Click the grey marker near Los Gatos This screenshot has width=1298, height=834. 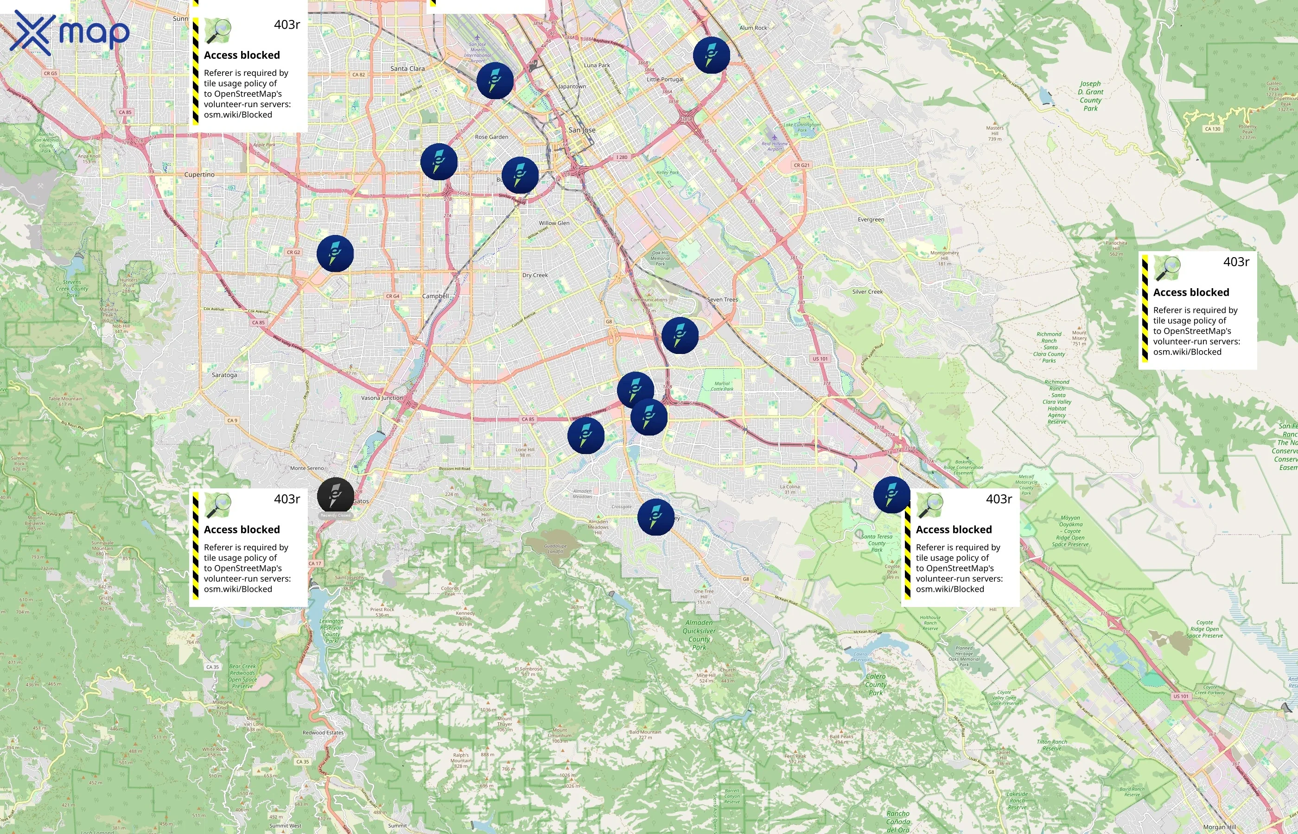[335, 495]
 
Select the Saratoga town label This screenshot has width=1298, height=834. [224, 375]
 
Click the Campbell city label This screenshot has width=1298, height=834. [436, 296]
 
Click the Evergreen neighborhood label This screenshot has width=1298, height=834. [871, 219]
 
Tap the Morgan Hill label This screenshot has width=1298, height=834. [1220, 827]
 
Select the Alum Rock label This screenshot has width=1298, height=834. [753, 28]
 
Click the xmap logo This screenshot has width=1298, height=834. [70, 32]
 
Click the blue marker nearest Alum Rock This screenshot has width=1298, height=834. [711, 55]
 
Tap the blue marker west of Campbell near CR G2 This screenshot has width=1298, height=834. [335, 253]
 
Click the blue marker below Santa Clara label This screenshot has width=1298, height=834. [495, 81]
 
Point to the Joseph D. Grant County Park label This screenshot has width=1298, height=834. [1090, 96]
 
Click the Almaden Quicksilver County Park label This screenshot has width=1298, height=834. [699, 635]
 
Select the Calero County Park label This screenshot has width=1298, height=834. [875, 684]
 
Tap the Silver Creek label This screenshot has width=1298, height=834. [867, 291]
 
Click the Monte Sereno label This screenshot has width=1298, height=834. [306, 468]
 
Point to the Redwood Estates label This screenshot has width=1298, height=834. [323, 732]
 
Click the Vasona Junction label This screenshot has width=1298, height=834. [382, 398]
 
